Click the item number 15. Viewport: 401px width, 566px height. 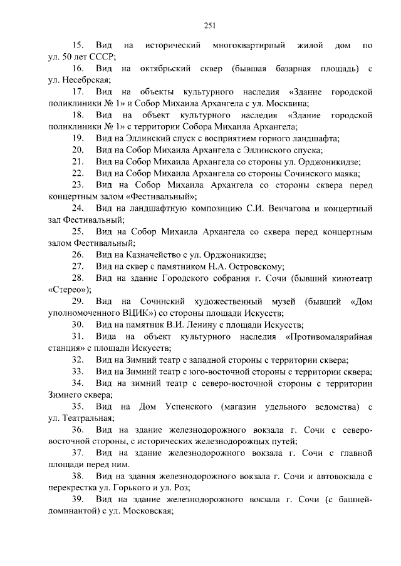click(x=78, y=46)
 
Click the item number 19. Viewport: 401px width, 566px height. click(x=78, y=138)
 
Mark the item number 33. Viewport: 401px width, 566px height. click(x=78, y=371)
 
